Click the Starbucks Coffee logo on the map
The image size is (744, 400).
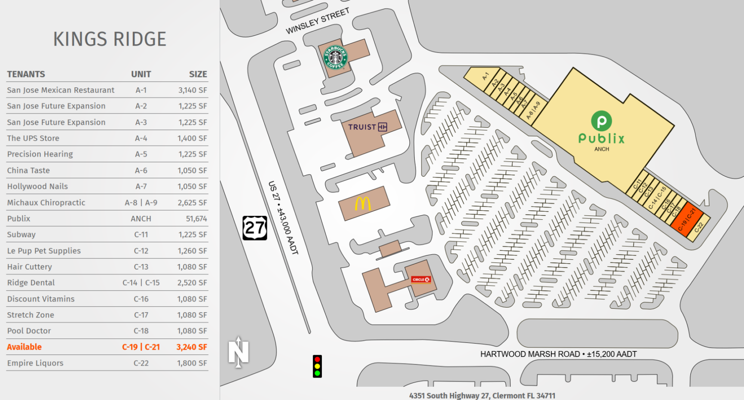(335, 57)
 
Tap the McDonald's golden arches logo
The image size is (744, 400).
(362, 203)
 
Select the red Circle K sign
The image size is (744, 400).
(421, 280)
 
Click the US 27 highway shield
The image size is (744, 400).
(255, 228)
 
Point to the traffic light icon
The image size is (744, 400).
(317, 366)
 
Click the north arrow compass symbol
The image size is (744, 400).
(239, 352)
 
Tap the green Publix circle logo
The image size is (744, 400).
(601, 121)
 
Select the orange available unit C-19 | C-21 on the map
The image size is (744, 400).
(686, 219)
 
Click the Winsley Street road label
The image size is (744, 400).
(318, 21)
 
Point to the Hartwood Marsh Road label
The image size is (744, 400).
(558, 354)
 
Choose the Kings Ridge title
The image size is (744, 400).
(110, 39)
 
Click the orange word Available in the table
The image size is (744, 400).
(24, 347)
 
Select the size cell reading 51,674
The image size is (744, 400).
(196, 218)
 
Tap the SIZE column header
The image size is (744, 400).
(198, 74)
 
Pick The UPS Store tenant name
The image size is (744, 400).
(33, 138)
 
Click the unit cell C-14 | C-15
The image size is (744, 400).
(141, 283)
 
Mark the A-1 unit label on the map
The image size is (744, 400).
(485, 76)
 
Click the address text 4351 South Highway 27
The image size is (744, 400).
(482, 395)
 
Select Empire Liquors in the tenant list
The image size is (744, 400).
(35, 363)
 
